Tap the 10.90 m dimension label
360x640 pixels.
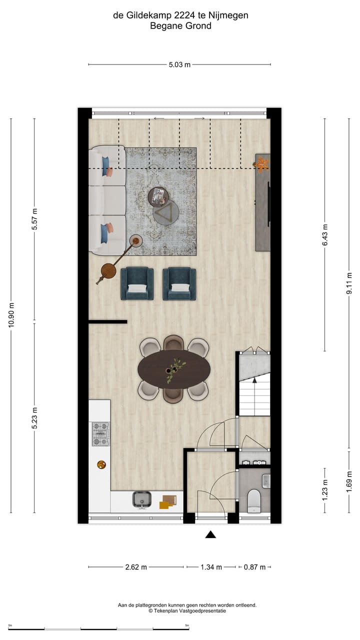pyautogui.click(x=11, y=315)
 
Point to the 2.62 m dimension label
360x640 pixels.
pyautogui.click(x=136, y=567)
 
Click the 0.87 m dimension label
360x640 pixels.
pyautogui.click(x=254, y=567)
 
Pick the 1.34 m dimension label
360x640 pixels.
pyautogui.click(x=210, y=567)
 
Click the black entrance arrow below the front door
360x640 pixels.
pyautogui.click(x=210, y=534)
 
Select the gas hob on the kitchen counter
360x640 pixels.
pyautogui.click(x=100, y=434)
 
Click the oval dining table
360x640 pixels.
pyautogui.click(x=174, y=369)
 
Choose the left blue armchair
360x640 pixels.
pyautogui.click(x=137, y=283)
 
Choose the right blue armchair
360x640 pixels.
pyautogui.click(x=179, y=283)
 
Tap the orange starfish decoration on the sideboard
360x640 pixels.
pyautogui.click(x=262, y=164)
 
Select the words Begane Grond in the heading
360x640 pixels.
pyautogui.click(x=180, y=26)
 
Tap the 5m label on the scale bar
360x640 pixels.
pyautogui.click(x=187, y=625)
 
